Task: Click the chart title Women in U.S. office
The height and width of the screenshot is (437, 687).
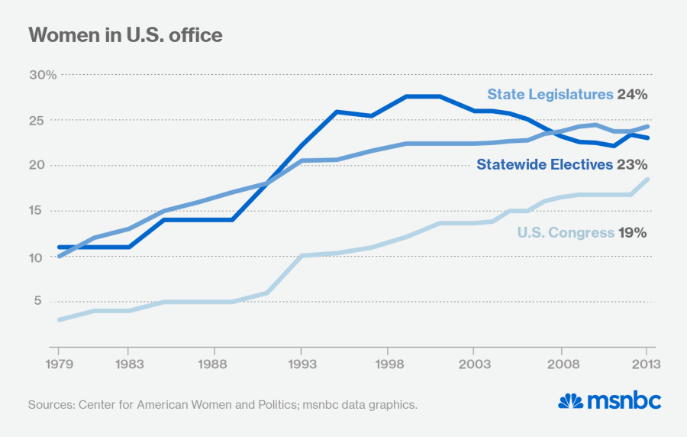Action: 126,35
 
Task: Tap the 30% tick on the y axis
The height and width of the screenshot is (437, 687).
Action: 43,75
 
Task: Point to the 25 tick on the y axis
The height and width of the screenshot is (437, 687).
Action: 47,121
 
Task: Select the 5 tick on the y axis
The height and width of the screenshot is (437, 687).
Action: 50,301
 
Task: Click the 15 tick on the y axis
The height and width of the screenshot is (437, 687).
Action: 47,211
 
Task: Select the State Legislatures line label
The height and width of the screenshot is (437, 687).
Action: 550,95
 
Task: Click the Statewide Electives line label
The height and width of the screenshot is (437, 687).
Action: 544,164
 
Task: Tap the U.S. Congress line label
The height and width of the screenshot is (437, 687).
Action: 566,232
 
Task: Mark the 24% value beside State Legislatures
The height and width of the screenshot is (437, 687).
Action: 633,95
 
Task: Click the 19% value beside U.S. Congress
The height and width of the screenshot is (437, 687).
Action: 633,232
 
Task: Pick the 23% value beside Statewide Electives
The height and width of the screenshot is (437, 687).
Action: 633,164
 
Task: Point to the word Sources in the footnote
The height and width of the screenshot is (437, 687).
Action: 51,404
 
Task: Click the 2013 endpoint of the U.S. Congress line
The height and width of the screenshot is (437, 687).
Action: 648,180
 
